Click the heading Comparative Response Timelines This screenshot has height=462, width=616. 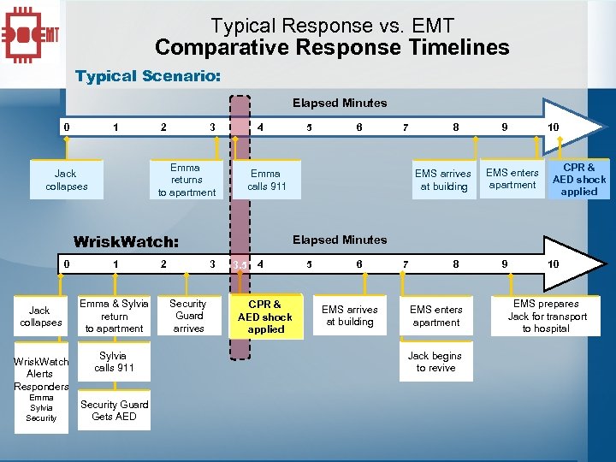332,48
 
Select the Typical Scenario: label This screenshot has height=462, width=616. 147,76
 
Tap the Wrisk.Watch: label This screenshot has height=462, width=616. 126,241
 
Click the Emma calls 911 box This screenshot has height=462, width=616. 267,180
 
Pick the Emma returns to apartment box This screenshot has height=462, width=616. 187,180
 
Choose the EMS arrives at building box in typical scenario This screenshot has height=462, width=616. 442,180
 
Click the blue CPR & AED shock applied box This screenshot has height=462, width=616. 579,180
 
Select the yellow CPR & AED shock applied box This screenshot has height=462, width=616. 265,317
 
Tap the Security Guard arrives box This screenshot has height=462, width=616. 188,316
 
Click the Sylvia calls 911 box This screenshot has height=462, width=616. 114,361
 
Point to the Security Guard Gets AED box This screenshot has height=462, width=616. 114,411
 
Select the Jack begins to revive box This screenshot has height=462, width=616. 435,362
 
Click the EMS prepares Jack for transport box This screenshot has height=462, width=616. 547,316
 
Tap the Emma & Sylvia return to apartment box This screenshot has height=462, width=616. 114,316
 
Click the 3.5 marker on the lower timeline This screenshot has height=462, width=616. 240,265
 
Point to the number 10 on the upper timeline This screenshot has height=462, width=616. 554,127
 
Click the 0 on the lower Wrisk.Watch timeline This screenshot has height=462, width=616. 67,264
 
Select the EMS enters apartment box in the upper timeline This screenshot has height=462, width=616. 512,179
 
